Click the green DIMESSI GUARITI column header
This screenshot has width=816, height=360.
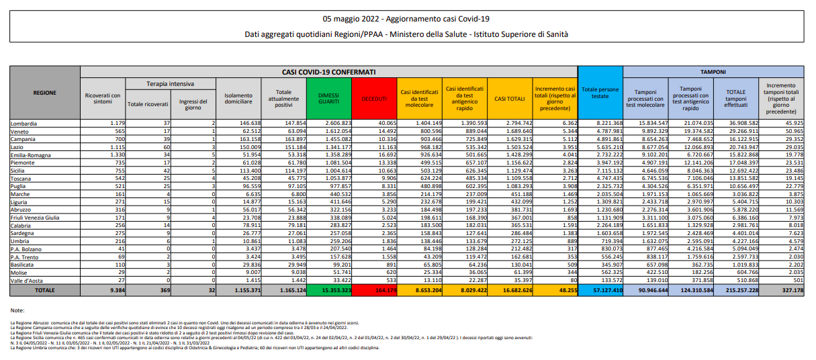point(328,98)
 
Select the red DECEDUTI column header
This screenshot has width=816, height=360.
point(374,98)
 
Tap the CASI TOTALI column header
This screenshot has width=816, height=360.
point(509,98)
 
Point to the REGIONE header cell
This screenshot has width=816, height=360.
point(44,93)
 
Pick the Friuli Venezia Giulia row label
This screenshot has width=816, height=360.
point(38,218)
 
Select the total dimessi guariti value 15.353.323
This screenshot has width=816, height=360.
point(329,291)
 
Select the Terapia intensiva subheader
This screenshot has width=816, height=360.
point(171,84)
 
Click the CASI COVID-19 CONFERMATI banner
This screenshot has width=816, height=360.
point(328,71)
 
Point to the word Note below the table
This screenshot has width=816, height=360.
point(18,310)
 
